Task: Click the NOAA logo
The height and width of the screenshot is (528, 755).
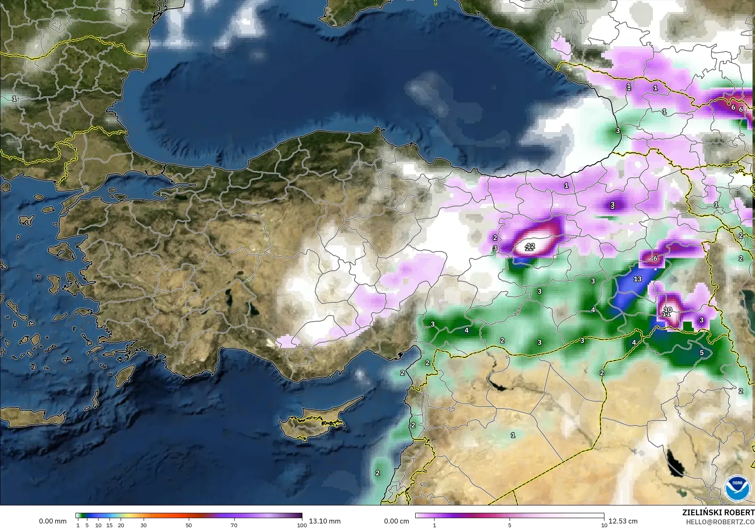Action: click(737, 488)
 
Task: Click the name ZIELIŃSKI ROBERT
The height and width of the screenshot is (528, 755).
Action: click(718, 512)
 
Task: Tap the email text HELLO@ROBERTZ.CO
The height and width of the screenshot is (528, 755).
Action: click(720, 521)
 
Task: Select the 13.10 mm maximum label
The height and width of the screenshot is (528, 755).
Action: click(325, 521)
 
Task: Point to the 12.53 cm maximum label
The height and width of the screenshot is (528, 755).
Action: click(623, 521)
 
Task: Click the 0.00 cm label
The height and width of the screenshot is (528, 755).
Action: click(396, 521)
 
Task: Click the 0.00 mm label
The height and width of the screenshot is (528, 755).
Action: click(53, 521)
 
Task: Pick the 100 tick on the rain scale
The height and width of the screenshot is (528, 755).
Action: click(302, 525)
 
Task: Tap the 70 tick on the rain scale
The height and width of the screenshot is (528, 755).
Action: click(234, 525)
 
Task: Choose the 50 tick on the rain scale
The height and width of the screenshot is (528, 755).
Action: click(188, 525)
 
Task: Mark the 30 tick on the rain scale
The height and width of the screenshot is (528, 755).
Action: click(143, 525)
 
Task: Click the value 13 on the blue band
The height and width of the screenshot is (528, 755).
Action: click(637, 279)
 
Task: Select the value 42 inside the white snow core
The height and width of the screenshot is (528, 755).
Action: click(530, 246)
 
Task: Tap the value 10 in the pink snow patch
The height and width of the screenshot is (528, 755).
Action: click(668, 310)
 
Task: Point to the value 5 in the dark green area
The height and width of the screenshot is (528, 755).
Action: click(702, 353)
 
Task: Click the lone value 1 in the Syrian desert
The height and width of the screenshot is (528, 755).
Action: click(512, 435)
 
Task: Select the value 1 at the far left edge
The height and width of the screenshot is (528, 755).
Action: click(14, 98)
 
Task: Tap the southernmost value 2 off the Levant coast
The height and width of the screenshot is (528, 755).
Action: click(377, 473)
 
